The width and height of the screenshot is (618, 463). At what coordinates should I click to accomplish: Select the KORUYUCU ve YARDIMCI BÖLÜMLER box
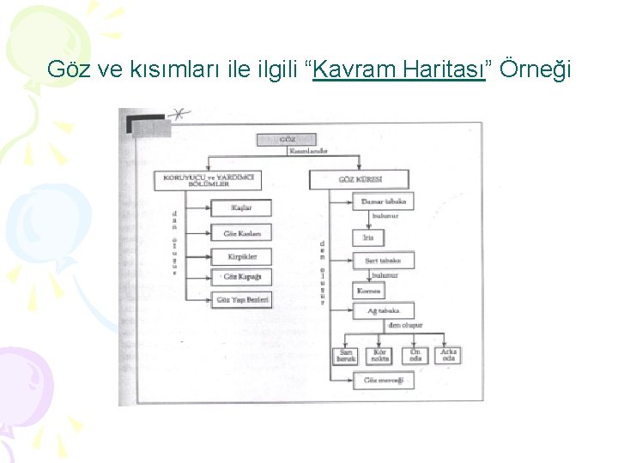coord(209,181)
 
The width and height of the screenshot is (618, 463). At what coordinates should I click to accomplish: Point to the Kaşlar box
coord(240,208)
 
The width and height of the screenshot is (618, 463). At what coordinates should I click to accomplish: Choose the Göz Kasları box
coord(240,232)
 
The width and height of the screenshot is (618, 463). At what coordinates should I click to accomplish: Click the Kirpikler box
coord(240,256)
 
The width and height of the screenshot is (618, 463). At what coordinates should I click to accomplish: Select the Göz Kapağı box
coord(240,277)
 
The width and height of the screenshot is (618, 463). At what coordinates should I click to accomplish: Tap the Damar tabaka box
coord(383,201)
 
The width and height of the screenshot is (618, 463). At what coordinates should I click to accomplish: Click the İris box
coord(367,238)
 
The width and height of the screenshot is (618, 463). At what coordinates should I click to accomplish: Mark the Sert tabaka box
coord(383,261)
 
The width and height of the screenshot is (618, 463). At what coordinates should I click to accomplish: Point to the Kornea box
coord(369,291)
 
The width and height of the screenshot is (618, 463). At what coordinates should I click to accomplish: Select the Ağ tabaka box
coord(383,311)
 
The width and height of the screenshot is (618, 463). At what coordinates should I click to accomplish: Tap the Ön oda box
coord(415,356)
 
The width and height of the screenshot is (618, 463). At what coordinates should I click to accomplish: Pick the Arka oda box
coord(448,356)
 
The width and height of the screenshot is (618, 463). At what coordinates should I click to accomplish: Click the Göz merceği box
coord(383,380)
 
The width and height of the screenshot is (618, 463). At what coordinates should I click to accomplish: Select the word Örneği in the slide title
coord(533,69)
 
